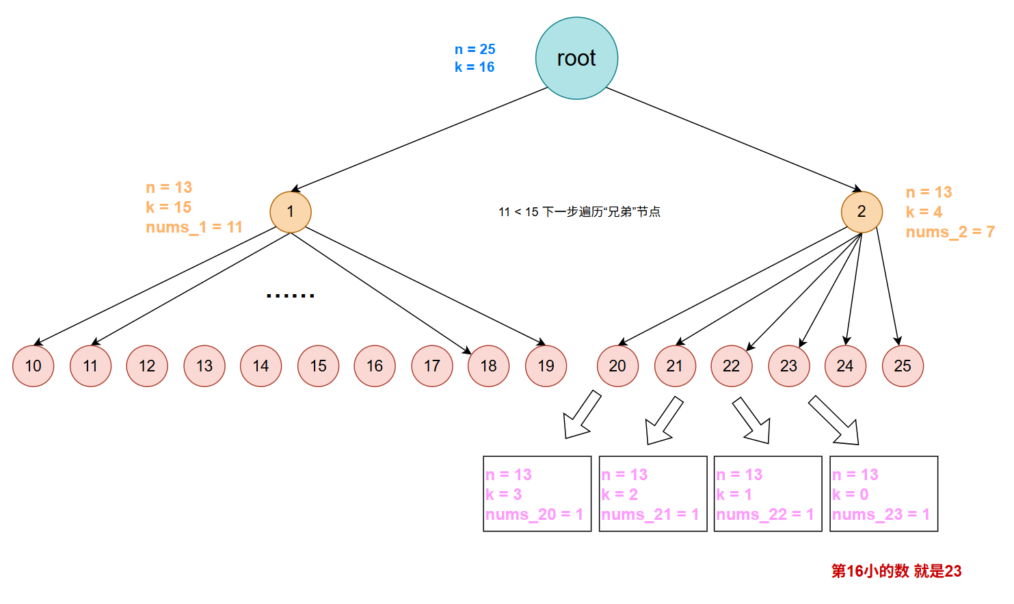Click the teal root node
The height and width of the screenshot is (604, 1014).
(576, 58)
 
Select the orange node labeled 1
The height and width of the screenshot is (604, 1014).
(291, 212)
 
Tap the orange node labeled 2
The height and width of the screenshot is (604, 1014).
(862, 212)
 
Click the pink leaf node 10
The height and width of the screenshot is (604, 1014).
(33, 366)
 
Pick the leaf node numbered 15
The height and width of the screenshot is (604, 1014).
(318, 366)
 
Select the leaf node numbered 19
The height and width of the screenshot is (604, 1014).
(546, 366)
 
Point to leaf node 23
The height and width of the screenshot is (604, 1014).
(788, 366)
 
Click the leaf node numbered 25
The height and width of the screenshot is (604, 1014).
(903, 366)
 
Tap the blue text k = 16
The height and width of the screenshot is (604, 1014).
(475, 67)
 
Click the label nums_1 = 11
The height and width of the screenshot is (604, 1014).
(194, 227)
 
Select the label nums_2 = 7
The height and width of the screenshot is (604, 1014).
(950, 232)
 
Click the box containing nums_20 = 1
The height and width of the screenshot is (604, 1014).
(537, 494)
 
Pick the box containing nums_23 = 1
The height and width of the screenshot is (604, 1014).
(883, 494)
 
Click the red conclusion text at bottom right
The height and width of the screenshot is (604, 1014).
(896, 571)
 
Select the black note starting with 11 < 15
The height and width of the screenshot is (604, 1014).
(579, 212)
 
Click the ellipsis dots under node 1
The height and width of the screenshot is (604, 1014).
(290, 296)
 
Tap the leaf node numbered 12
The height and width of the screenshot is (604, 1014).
(147, 366)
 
